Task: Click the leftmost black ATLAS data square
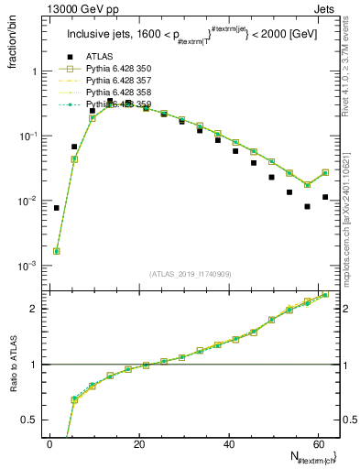coord(57,208)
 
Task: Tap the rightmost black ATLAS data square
coord(325,197)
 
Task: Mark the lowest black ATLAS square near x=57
coord(308,207)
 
